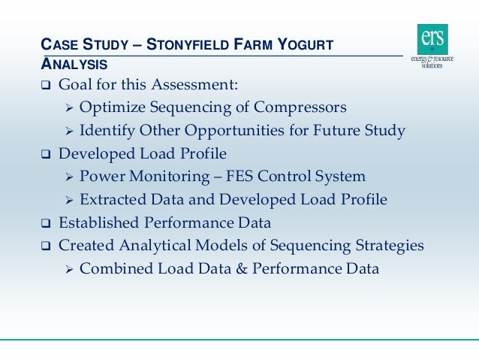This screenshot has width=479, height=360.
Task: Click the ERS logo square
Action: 432,38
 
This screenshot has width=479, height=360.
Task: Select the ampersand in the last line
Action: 240,268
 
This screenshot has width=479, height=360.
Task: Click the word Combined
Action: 113,268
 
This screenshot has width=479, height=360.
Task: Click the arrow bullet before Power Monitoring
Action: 68,177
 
